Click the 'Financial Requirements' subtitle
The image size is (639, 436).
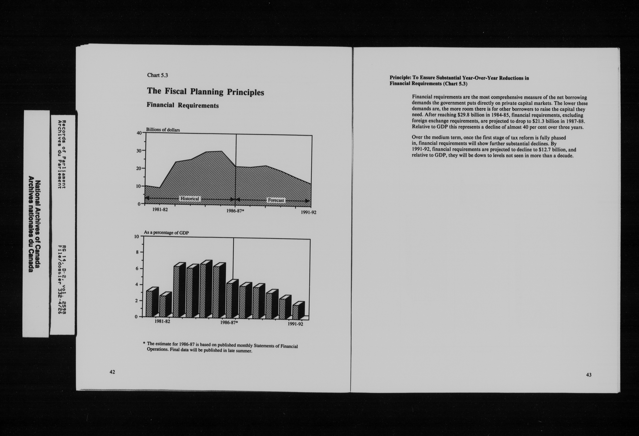pyautogui.click(x=183, y=105)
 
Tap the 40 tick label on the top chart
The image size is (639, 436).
pyautogui.click(x=139, y=133)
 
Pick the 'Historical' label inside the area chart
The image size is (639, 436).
pyautogui.click(x=189, y=199)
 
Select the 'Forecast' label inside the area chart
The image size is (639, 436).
pyautogui.click(x=276, y=200)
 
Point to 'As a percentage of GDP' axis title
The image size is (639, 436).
pyautogui.click(x=166, y=233)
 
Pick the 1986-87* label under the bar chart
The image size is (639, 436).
pyautogui.click(x=229, y=323)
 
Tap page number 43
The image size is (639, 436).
pyautogui.click(x=589, y=375)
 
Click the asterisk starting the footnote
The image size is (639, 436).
pyautogui.click(x=144, y=343)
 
